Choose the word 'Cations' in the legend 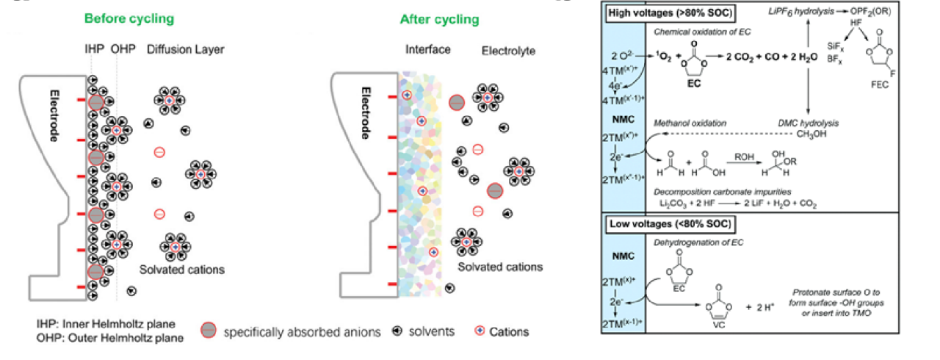point(508,331)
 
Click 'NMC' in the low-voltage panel point(623,259)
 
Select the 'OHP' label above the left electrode point(120,50)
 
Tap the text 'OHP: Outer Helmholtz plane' point(110,337)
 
